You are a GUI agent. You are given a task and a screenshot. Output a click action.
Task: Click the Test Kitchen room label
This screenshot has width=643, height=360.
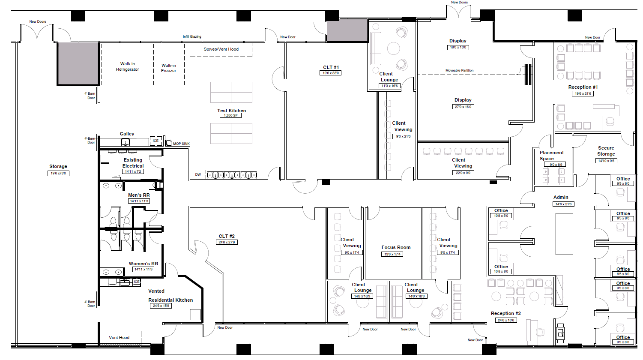point(231,111)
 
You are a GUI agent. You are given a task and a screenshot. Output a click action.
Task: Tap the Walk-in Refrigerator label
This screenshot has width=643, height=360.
point(127,66)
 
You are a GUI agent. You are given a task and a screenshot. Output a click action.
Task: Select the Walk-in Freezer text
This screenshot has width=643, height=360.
point(169,68)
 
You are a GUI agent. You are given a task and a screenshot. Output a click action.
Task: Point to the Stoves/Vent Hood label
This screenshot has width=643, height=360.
point(221,49)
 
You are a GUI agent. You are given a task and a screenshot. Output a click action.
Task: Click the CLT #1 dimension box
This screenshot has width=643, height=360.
point(331,73)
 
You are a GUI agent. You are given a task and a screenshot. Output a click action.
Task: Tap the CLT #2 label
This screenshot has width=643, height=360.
point(227,236)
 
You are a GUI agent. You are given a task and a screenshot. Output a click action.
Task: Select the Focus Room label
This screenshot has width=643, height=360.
point(396,247)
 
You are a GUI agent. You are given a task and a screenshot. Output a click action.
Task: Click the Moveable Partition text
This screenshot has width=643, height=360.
point(459,70)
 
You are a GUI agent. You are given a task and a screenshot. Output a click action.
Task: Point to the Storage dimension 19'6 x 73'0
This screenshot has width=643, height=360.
point(58,173)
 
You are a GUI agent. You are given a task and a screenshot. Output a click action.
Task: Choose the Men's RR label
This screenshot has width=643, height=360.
point(139,195)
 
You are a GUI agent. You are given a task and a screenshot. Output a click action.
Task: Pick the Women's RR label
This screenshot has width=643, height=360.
point(143,264)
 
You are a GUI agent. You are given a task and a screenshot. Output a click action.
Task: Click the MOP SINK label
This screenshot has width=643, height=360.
point(181,144)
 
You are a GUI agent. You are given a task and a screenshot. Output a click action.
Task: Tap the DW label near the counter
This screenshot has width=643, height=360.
point(198,174)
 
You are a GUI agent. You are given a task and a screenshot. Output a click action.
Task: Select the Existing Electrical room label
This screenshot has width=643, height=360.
point(133,163)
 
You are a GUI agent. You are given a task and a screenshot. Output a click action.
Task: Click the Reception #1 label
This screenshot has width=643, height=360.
point(583,87)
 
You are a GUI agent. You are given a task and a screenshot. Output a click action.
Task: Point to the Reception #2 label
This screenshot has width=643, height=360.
point(505,313)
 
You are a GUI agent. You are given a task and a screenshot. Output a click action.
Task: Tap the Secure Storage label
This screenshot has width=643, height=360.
point(606,151)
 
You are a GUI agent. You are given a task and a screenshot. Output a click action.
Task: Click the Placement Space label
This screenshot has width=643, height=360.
point(551,156)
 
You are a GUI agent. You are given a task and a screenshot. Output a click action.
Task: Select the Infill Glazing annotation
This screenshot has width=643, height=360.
point(192,36)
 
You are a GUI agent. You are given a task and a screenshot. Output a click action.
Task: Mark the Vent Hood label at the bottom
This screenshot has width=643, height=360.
point(119,338)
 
